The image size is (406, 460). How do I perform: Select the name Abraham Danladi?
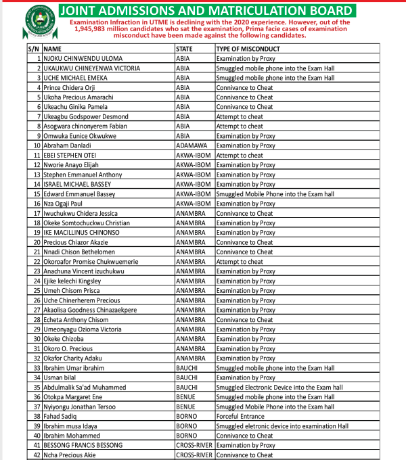(70, 145)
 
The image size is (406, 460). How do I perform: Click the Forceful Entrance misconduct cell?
(242, 417)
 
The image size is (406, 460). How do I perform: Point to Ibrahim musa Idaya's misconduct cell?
(281, 426)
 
